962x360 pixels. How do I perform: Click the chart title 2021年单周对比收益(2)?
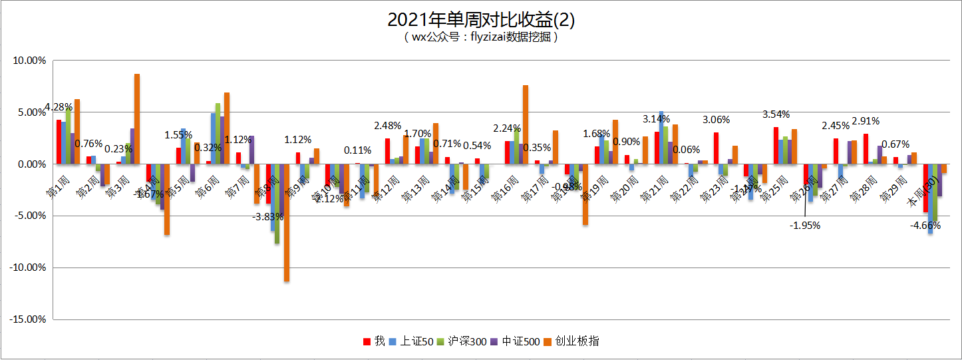(x=480, y=20)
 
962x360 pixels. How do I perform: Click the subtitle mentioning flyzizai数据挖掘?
(x=480, y=37)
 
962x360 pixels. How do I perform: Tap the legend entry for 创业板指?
(x=579, y=341)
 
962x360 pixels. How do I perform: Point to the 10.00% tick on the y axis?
(x=29, y=61)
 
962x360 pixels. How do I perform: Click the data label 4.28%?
(x=60, y=106)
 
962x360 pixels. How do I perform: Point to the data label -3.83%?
(x=269, y=216)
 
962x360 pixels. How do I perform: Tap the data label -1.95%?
(x=805, y=225)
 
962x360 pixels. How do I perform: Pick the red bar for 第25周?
(x=776, y=145)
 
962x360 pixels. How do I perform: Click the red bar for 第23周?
(x=716, y=148)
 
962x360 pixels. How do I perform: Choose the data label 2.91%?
(x=866, y=121)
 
